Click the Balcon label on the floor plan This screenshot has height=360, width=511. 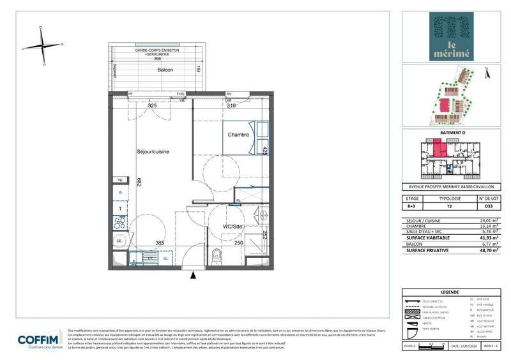[x=165, y=70]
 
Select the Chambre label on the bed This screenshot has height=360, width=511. [x=239, y=135]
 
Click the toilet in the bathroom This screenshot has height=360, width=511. [x=216, y=255]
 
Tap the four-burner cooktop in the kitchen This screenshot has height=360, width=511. [x=119, y=223]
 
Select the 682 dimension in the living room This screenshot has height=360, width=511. [x=138, y=182]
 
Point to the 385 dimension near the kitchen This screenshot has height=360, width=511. [x=160, y=243]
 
